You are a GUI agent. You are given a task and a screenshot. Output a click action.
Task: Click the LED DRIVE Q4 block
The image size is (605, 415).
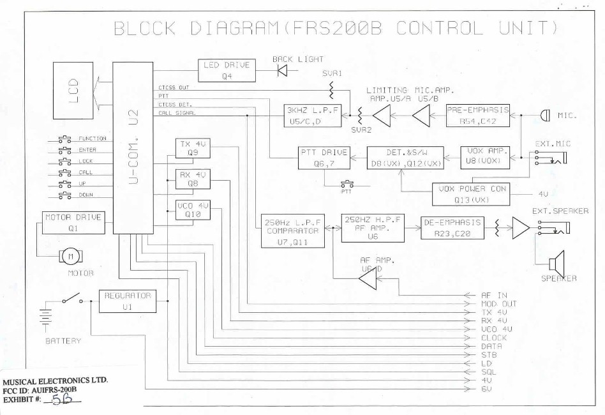[x=226, y=70]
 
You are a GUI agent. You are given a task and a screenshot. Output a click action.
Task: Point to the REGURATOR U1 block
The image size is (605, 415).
[x=127, y=301]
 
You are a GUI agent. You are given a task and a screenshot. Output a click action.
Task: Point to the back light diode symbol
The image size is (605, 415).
[x=281, y=70]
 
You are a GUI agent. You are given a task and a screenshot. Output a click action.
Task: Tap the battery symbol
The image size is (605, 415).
[x=43, y=318]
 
